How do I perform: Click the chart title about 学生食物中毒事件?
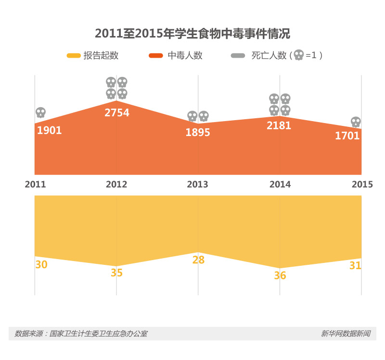(192, 34)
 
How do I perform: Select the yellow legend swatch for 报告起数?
(73, 56)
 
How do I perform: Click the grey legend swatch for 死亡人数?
(238, 56)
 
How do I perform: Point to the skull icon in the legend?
(299, 55)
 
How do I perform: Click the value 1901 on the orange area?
(49, 130)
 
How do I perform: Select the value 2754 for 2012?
(117, 113)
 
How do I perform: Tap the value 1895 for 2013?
(198, 133)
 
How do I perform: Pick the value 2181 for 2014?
(279, 126)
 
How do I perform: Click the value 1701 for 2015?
(347, 136)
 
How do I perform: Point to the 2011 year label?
(35, 184)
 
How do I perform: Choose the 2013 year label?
(197, 184)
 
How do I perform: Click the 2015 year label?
(362, 184)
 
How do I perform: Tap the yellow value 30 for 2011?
(41, 264)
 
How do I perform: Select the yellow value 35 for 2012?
(117, 273)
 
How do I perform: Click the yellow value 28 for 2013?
(198, 260)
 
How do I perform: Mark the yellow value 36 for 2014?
(280, 275)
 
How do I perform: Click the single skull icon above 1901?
(40, 113)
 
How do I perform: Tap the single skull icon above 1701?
(356, 122)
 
